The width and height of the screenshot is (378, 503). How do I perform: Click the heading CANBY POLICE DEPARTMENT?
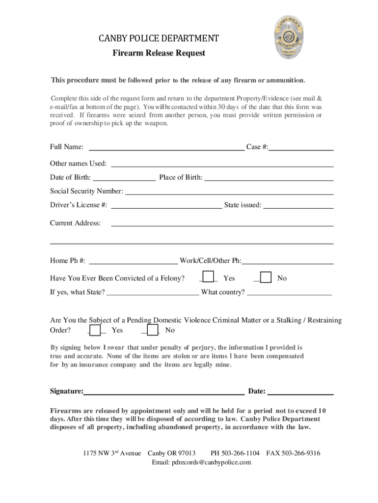[159, 38]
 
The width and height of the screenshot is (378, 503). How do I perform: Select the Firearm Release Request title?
[159, 53]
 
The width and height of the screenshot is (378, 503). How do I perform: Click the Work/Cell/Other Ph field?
[288, 260]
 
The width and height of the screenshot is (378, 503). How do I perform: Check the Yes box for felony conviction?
[209, 278]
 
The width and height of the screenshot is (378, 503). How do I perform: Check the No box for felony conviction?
[266, 278]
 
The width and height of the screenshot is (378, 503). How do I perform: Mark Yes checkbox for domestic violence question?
[96, 330]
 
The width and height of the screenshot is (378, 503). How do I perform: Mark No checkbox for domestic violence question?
[153, 330]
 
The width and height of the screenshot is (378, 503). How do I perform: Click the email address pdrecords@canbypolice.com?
[202, 463]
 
